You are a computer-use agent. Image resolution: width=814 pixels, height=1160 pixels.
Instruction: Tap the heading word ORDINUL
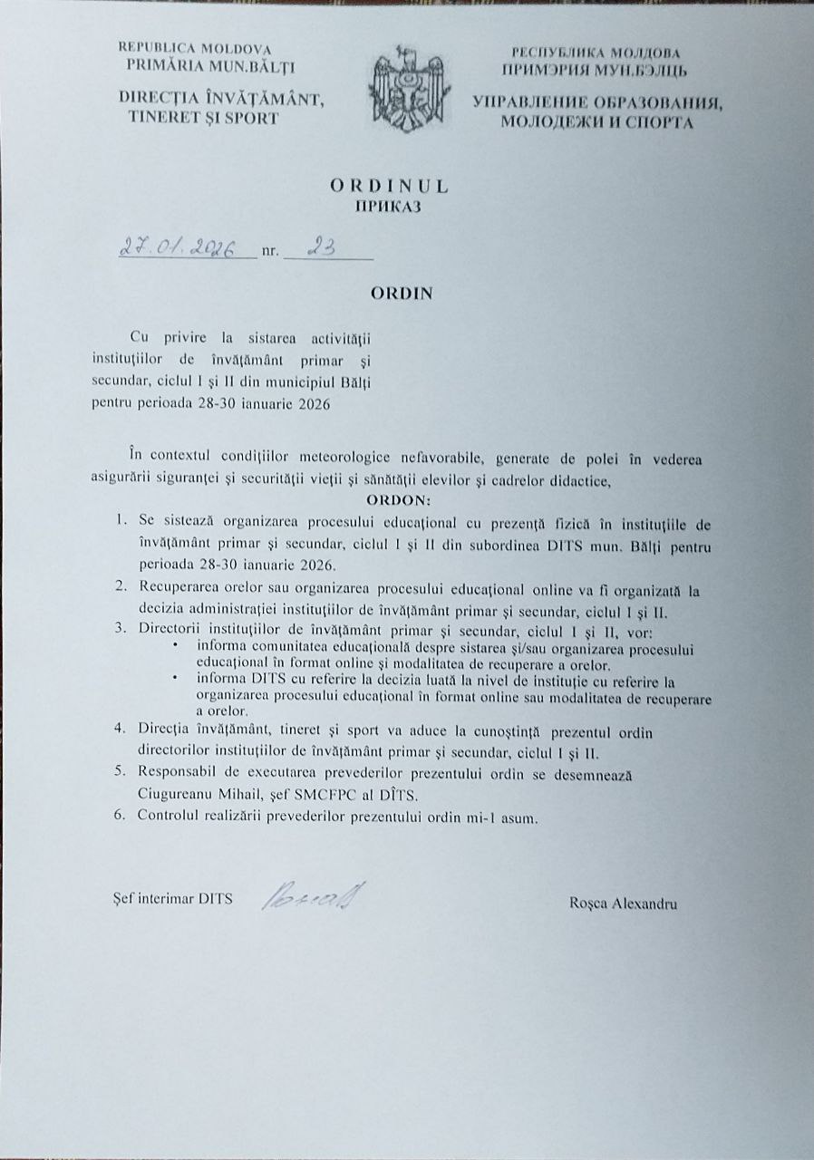click(389, 186)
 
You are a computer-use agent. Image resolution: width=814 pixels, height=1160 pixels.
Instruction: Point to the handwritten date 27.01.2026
click(179, 246)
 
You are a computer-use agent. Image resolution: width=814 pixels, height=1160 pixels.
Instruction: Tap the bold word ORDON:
click(401, 501)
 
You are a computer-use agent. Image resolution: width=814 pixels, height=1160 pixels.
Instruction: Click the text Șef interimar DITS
click(169, 900)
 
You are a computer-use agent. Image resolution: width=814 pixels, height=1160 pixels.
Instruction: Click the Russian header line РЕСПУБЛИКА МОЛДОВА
click(596, 53)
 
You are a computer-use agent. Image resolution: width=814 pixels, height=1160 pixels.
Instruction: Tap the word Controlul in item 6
click(169, 816)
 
